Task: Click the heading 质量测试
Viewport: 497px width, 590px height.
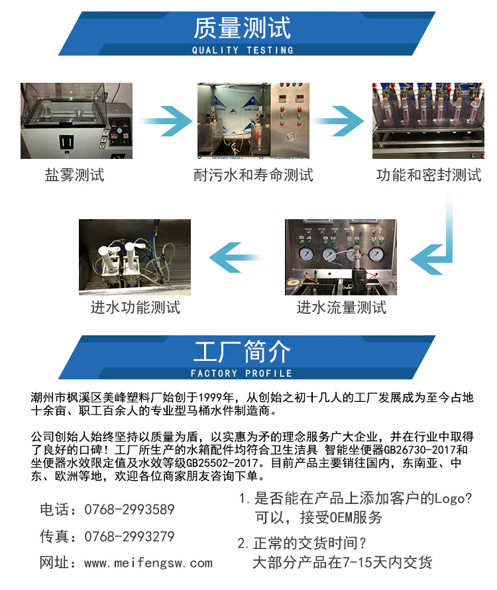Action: pyautogui.click(x=242, y=28)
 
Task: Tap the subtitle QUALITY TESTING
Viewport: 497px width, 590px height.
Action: pyautogui.click(x=242, y=50)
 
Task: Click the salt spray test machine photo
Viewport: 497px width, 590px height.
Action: pyautogui.click(x=76, y=120)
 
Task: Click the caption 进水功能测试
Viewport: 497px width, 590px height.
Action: pyautogui.click(x=135, y=307)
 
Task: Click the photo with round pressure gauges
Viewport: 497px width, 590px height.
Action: pyautogui.click(x=341, y=256)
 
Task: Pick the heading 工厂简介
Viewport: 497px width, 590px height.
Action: pyautogui.click(x=242, y=352)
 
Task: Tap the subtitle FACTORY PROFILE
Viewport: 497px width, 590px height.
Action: pyautogui.click(x=242, y=373)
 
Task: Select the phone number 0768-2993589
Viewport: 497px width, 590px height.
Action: pyautogui.click(x=130, y=509)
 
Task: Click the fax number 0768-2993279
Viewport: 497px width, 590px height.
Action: pyautogui.click(x=130, y=536)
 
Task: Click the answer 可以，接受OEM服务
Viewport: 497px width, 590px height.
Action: pyautogui.click(x=319, y=518)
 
